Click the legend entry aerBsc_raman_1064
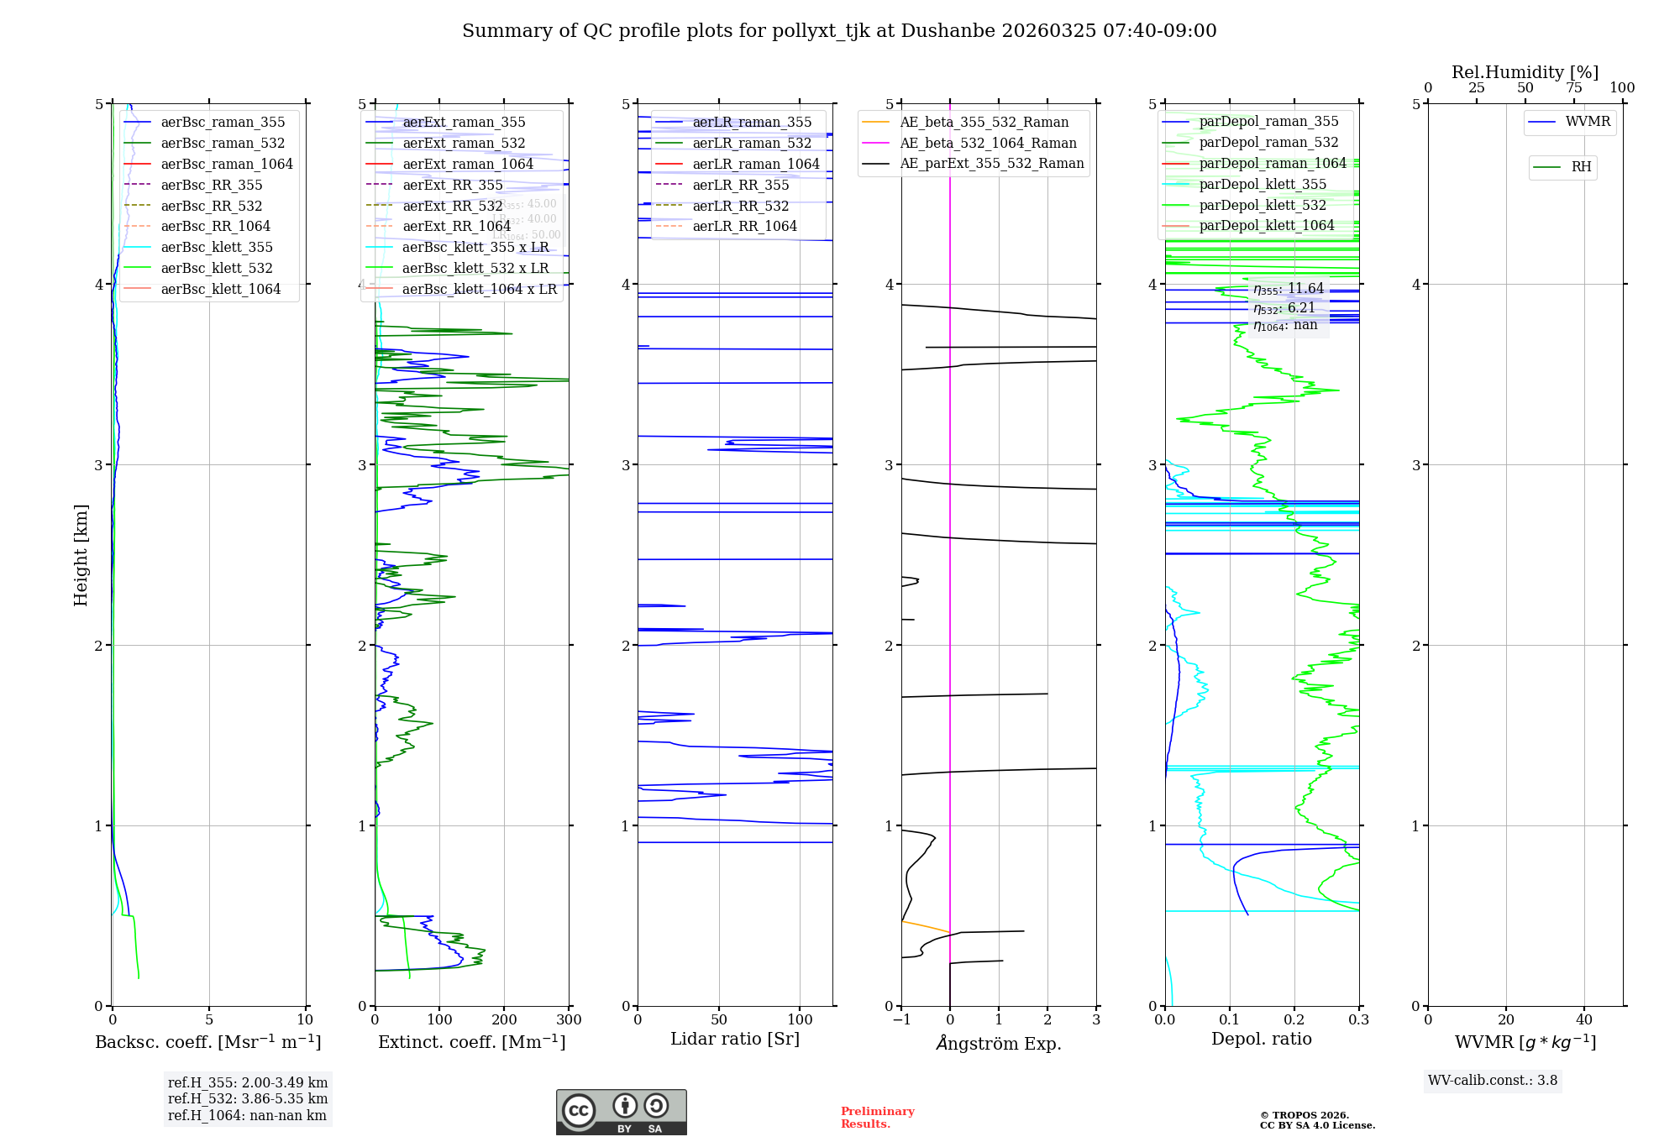pyautogui.click(x=227, y=164)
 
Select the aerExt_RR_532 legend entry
pyautogui.click(x=453, y=206)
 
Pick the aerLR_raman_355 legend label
pyautogui.click(x=752, y=122)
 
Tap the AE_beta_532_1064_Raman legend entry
pyautogui.click(x=988, y=143)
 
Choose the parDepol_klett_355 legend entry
pyautogui.click(x=1263, y=184)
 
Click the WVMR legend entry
pyautogui.click(x=1588, y=122)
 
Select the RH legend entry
pyautogui.click(x=1581, y=167)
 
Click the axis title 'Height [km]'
pyautogui.click(x=81, y=555)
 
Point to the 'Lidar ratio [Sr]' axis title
pyautogui.click(x=735, y=1039)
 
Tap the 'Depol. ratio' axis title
pyautogui.click(x=1261, y=1039)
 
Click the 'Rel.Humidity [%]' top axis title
pyautogui.click(x=1525, y=72)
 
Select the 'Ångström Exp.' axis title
pyautogui.click(x=999, y=1043)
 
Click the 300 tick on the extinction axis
pyautogui.click(x=569, y=1020)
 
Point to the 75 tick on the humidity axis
pyautogui.click(x=1573, y=88)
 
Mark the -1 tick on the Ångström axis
pyautogui.click(x=901, y=1020)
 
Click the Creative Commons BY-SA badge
pyautogui.click(x=621, y=1112)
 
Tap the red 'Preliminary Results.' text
pyautogui.click(x=877, y=1117)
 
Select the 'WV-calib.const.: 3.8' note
pyautogui.click(x=1493, y=1081)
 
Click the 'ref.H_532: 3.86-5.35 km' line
pyautogui.click(x=248, y=1098)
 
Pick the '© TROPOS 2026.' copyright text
pyautogui.click(x=1305, y=1115)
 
